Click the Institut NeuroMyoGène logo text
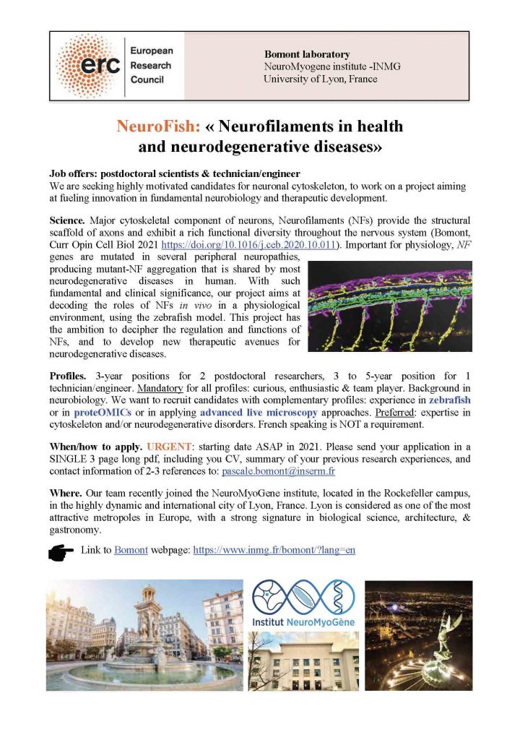click(x=303, y=621)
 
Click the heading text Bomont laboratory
click(x=307, y=54)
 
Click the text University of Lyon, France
click(x=320, y=78)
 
